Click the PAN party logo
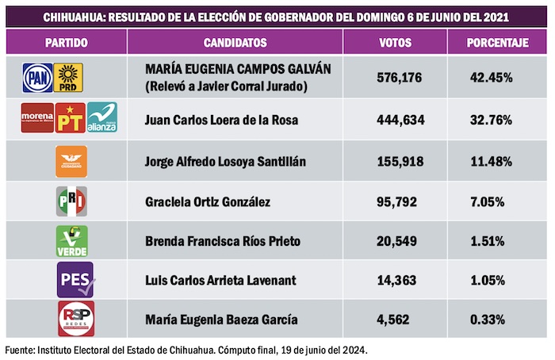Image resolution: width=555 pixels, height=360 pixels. (x=37, y=77)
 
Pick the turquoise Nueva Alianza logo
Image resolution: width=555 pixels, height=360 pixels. (x=101, y=119)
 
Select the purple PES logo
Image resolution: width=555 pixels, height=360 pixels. (x=74, y=280)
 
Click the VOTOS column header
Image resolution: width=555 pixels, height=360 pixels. (x=394, y=42)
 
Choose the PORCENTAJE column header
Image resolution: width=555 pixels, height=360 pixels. (x=498, y=42)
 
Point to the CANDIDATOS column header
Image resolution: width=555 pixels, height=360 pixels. (x=235, y=42)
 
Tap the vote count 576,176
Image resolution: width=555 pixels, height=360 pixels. (x=401, y=78)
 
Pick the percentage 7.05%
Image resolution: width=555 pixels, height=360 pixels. (x=488, y=202)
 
